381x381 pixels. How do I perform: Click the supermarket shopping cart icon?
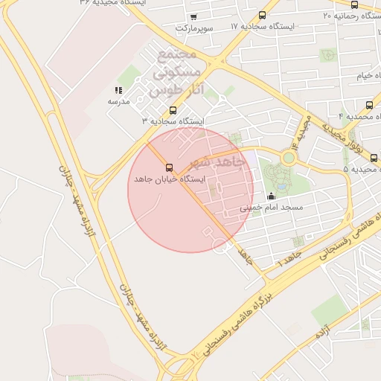tap(194, 16)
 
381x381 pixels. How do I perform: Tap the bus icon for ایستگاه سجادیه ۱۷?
tap(262, 16)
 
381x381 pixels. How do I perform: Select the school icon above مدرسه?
tap(119, 90)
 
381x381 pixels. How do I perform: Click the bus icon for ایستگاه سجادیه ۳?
tap(173, 110)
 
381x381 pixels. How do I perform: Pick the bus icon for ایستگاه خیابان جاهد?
tap(169, 167)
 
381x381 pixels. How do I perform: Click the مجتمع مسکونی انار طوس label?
tap(176, 74)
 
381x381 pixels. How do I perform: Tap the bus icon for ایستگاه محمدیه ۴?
tap(370, 105)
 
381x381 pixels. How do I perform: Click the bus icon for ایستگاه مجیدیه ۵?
tap(374, 158)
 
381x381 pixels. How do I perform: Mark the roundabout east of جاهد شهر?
tap(288, 158)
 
